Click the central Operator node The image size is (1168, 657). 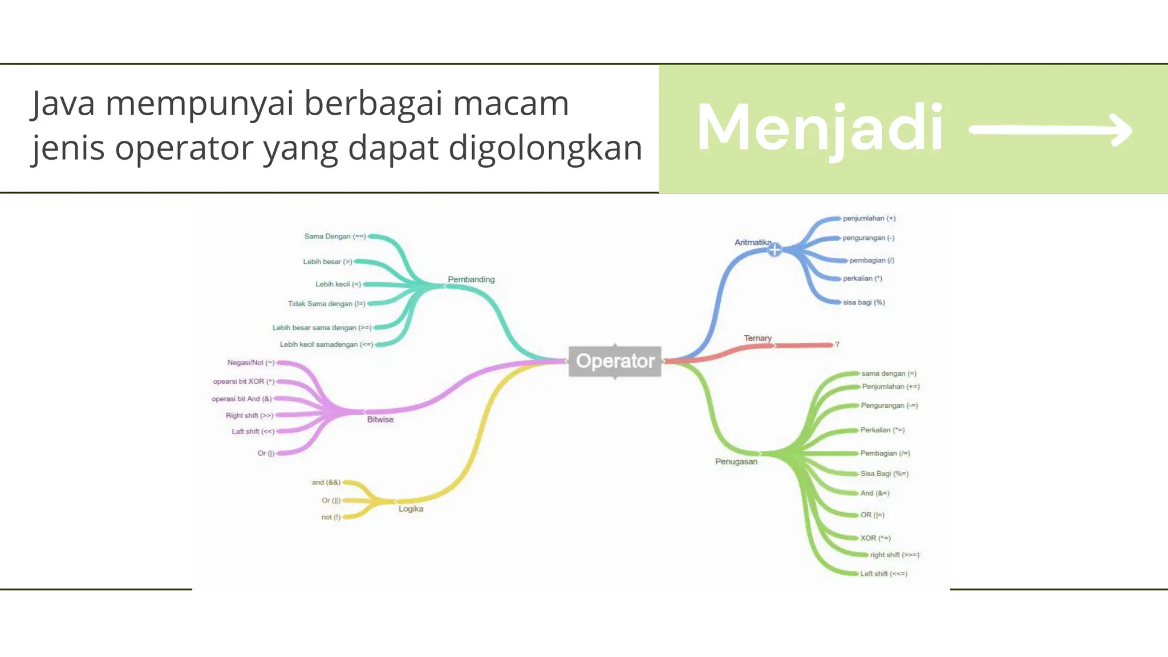615,361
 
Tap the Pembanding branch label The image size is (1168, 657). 471,279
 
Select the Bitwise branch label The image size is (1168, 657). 380,419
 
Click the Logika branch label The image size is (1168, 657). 411,509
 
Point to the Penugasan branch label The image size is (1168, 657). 736,461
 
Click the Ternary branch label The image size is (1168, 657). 757,338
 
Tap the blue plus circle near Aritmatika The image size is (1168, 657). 774,250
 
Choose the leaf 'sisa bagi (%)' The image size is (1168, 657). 863,302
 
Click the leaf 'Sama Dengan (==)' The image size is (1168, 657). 335,236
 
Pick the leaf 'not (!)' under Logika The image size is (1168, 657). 331,517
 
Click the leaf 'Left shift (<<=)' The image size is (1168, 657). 883,574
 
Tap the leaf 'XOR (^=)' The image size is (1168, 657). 875,538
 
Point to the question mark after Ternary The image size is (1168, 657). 837,344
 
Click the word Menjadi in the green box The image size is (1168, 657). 820,128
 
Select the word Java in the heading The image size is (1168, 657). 63,104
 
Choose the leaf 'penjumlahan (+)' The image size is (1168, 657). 869,218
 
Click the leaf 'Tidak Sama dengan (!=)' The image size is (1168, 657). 326,304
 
